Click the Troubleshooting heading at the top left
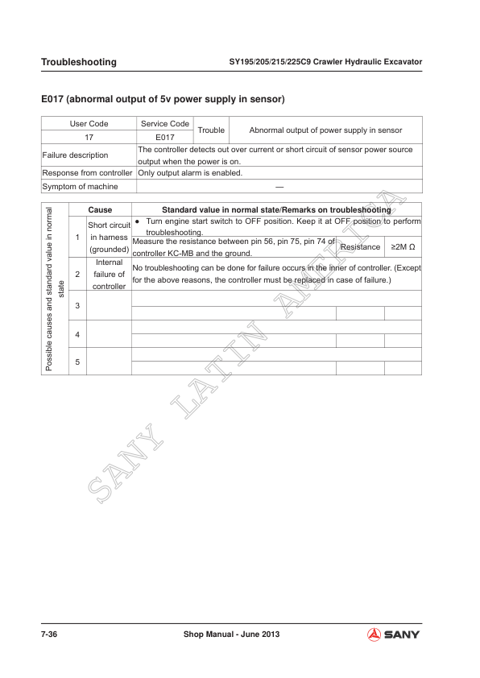click(x=78, y=62)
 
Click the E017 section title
click(x=163, y=100)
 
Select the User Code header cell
click(x=89, y=124)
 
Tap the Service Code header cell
click(x=165, y=124)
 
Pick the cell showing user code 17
click(x=89, y=137)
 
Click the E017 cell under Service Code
click(x=165, y=137)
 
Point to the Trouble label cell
click(x=211, y=130)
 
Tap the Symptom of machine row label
click(x=80, y=186)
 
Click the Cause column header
click(x=100, y=209)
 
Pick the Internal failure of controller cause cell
click(x=109, y=274)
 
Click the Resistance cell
click(x=360, y=246)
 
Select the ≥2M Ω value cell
click(x=403, y=246)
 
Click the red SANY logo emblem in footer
click(x=374, y=635)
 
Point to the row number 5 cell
click(x=77, y=362)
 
